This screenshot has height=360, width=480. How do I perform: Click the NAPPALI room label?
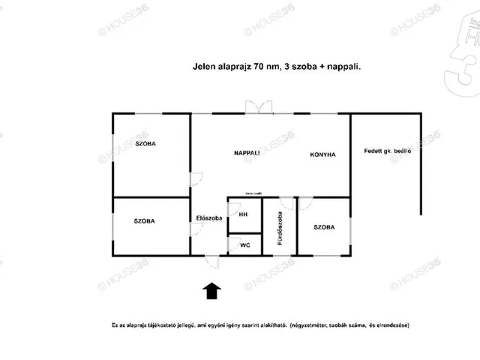247,153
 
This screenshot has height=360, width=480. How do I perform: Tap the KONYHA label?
322,154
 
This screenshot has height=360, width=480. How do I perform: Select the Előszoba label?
209,218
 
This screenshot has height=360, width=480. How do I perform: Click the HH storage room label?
243,214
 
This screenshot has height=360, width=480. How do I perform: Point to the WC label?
245,245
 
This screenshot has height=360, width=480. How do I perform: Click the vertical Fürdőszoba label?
280,228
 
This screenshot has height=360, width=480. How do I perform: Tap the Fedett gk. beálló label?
388,151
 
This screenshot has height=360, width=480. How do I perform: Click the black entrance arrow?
211,291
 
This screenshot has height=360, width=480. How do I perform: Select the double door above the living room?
259,106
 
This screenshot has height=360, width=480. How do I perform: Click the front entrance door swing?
211,262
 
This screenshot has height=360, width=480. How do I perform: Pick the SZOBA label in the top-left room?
145,143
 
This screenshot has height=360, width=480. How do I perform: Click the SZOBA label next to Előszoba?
144,221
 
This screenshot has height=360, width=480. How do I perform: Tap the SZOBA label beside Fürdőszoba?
324,227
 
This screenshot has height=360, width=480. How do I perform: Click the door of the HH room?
235,209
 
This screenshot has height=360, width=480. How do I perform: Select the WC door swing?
235,244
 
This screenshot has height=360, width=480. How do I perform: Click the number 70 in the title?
259,67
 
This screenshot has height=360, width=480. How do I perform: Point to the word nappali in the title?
343,67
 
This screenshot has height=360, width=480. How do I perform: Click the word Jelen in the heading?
204,67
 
